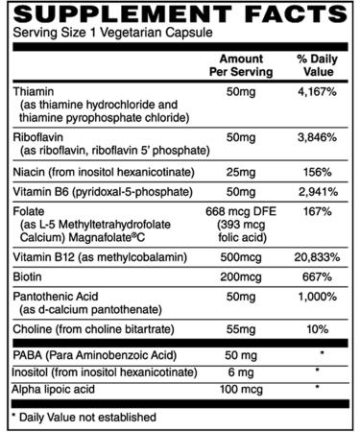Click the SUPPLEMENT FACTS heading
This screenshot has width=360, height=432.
pos(179,13)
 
